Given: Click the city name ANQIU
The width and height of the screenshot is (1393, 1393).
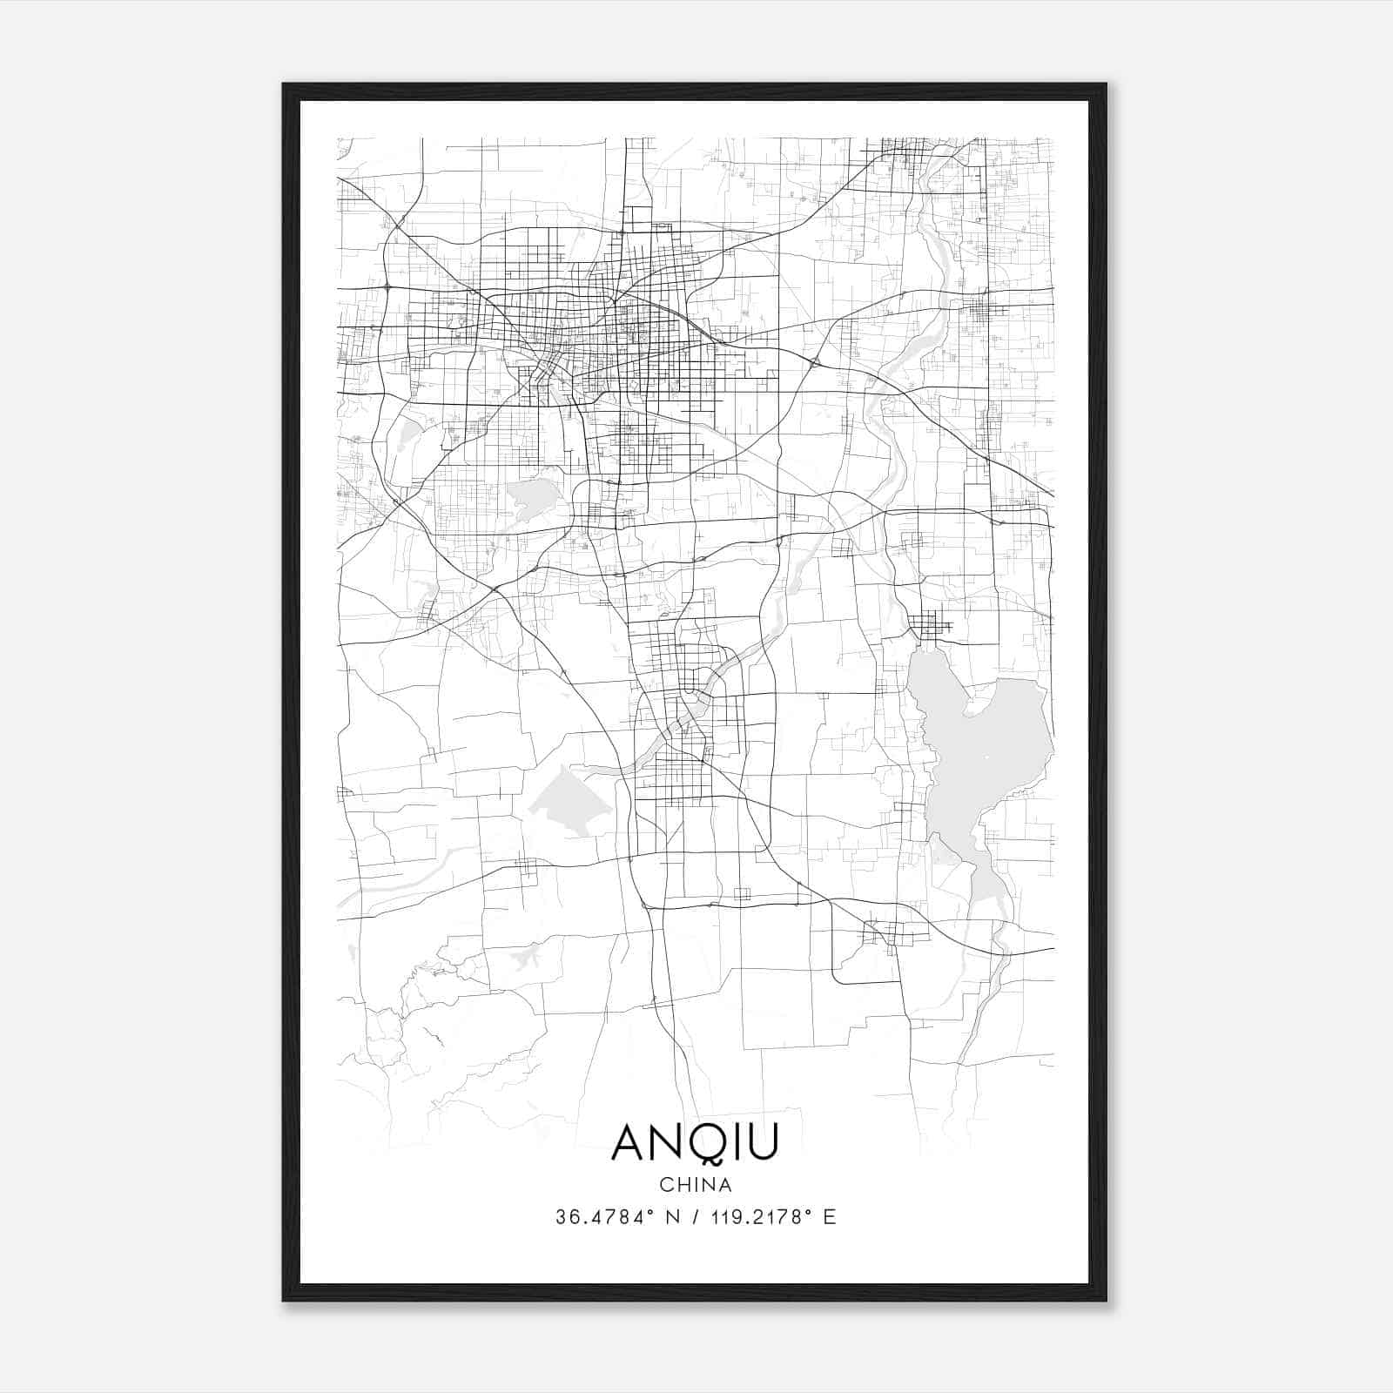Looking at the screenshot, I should coord(694,1142).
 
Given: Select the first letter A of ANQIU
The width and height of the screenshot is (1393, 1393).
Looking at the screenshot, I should coord(629,1142).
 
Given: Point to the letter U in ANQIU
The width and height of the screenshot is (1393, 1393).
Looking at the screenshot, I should coord(761,1142).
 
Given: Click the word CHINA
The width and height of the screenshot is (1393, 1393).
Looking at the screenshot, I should coord(696,1185).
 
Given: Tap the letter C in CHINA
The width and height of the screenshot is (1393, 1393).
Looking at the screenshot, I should coord(666,1185).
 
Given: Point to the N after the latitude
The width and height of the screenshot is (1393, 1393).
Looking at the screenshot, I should coord(670,1217).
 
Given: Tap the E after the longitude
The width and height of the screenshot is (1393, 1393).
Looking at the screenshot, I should coord(830,1217).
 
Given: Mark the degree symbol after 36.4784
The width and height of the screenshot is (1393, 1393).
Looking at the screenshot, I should coord(649,1212).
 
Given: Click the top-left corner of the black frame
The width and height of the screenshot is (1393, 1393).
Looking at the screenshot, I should coord(283,84).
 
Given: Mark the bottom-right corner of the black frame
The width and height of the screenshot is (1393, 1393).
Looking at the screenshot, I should coord(1106,1301).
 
